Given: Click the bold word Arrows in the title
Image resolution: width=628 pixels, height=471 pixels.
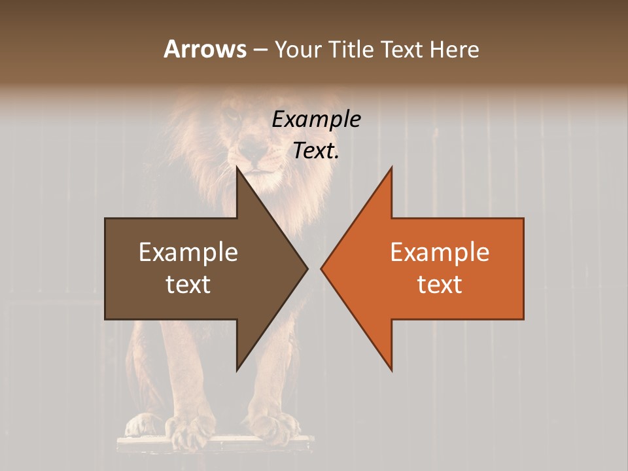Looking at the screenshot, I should (x=205, y=49).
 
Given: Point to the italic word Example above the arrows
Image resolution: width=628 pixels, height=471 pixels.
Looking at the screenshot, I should (x=316, y=119).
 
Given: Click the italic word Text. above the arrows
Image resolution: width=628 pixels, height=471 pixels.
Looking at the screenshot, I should (x=316, y=150).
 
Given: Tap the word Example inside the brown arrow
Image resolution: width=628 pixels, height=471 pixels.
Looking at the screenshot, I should (x=188, y=252).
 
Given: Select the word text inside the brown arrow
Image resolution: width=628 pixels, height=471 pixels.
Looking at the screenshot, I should (x=188, y=284).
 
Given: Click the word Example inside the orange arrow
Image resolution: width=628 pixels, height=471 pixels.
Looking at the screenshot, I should (x=440, y=252).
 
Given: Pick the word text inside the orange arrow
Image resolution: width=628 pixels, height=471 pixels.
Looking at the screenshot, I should (x=440, y=284).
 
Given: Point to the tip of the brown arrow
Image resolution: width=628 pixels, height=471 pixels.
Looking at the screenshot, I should (x=307, y=268).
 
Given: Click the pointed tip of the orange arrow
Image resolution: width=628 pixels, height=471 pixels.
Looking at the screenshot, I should (x=321, y=268).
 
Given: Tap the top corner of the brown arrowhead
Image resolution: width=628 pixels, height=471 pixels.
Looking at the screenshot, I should (x=237, y=167).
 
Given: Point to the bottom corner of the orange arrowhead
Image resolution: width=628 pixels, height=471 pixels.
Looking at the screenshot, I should (x=391, y=370).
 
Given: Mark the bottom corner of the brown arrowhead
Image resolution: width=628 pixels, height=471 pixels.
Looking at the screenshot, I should (x=237, y=370).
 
